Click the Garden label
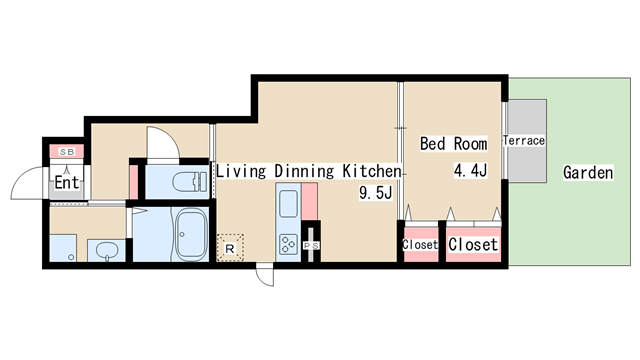click(588, 172)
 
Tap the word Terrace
click(524, 140)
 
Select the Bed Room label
click(453, 144)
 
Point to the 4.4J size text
click(471, 170)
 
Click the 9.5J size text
click(376, 192)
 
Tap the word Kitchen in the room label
click(372, 171)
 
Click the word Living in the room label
click(241, 171)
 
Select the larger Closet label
click(473, 244)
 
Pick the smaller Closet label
click(420, 244)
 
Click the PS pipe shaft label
click(311, 246)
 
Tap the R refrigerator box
click(230, 248)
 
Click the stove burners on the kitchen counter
click(288, 244)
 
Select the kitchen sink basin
click(288, 204)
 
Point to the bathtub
click(191, 234)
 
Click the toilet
click(190, 182)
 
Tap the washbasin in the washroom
click(107, 250)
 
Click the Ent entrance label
click(67, 182)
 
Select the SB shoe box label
click(67, 152)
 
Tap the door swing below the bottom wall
click(264, 276)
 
